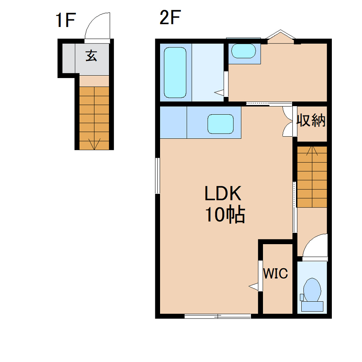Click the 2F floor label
pyautogui.click(x=170, y=17)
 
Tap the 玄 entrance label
pyautogui.click(x=91, y=56)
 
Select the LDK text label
pyautogui.click(x=223, y=193)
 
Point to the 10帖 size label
pyautogui.click(x=225, y=214)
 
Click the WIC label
pyautogui.click(x=276, y=273)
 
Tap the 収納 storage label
pyautogui.click(x=311, y=120)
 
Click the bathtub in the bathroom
pyautogui.click(x=175, y=72)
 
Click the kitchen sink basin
pyautogui.click(x=220, y=124)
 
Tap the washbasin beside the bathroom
pyautogui.click(x=243, y=51)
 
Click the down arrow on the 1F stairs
pyautogui.click(x=95, y=144)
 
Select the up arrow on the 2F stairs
pyautogui.click(x=312, y=150)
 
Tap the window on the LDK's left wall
pyautogui.click(x=157, y=175)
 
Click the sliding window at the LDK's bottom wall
pyautogui.click(x=218, y=316)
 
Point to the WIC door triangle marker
pyautogui.click(x=253, y=286)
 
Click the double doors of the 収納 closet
pyautogui.click(x=288, y=121)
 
